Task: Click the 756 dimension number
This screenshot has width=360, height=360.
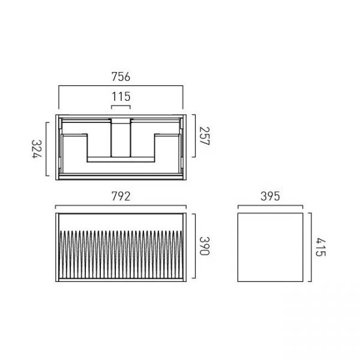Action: tap(121, 77)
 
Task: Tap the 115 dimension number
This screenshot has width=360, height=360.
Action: tap(121, 97)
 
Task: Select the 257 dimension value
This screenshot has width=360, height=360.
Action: tap(204, 136)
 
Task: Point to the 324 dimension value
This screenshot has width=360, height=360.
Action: tap(37, 149)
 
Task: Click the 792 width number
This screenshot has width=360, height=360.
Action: tap(121, 196)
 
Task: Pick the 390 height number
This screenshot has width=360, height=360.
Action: tap(204, 246)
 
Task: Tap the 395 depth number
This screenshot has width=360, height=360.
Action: tap(270, 196)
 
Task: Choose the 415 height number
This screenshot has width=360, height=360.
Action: tap(320, 247)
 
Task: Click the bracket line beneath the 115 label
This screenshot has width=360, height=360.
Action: tap(121, 106)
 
